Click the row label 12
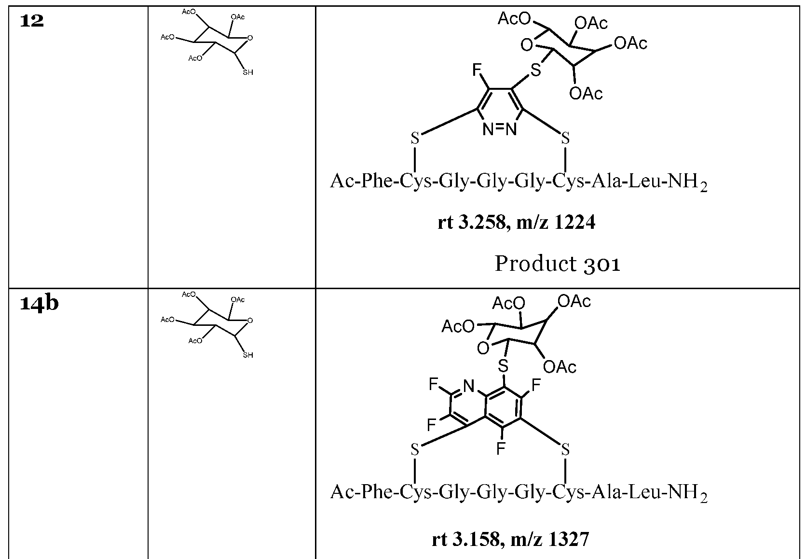click(32, 21)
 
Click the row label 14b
click(39, 304)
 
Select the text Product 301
click(557, 264)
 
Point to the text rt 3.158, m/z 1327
click(510, 539)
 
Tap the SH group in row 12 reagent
click(247, 72)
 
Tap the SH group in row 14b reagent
click(247, 355)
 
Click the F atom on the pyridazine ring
click(477, 71)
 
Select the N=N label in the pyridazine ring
click(500, 129)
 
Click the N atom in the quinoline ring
click(468, 385)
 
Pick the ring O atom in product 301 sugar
click(527, 45)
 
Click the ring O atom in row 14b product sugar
click(483, 348)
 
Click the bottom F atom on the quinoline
click(501, 449)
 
